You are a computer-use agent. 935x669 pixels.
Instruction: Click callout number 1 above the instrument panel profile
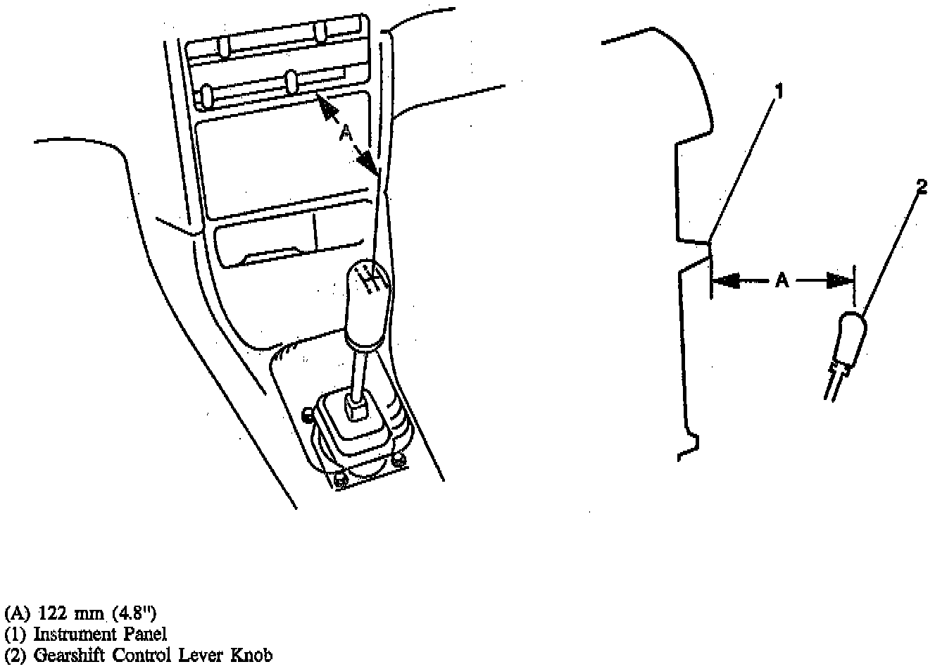(x=779, y=91)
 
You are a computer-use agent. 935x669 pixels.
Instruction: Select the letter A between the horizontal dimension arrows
(x=782, y=281)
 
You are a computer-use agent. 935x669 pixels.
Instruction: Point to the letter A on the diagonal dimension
(x=346, y=133)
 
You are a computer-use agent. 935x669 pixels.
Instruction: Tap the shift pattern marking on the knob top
(x=370, y=280)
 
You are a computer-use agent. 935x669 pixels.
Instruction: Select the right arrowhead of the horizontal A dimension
(x=839, y=281)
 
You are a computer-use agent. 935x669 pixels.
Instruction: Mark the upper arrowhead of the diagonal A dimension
(x=325, y=106)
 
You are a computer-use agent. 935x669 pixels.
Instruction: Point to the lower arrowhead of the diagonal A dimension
(x=367, y=165)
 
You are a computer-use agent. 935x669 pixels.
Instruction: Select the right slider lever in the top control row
(x=320, y=32)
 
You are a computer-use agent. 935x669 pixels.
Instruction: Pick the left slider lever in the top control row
(x=225, y=46)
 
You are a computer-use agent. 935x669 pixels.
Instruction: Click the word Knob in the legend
(x=251, y=656)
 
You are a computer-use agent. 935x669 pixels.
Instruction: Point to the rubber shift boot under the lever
(x=356, y=430)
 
